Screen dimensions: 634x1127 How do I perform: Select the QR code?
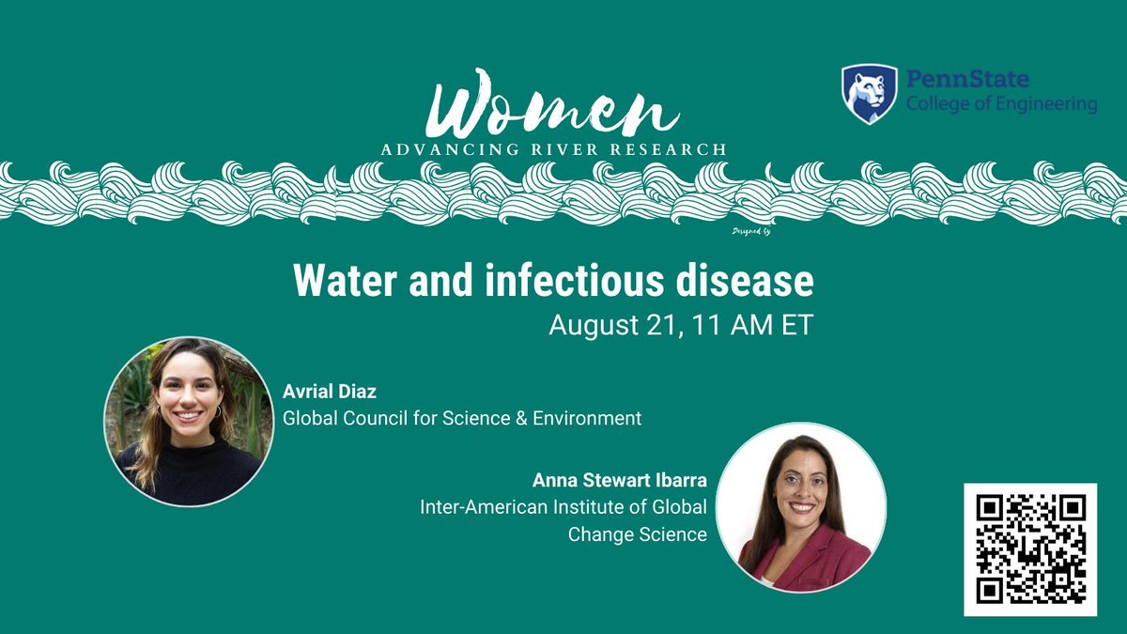[1029, 549]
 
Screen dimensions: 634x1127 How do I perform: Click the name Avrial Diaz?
[323, 391]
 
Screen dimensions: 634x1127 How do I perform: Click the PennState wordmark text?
[967, 80]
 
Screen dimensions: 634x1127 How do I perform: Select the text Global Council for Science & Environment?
[462, 418]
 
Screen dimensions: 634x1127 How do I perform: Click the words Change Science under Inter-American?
[637, 534]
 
